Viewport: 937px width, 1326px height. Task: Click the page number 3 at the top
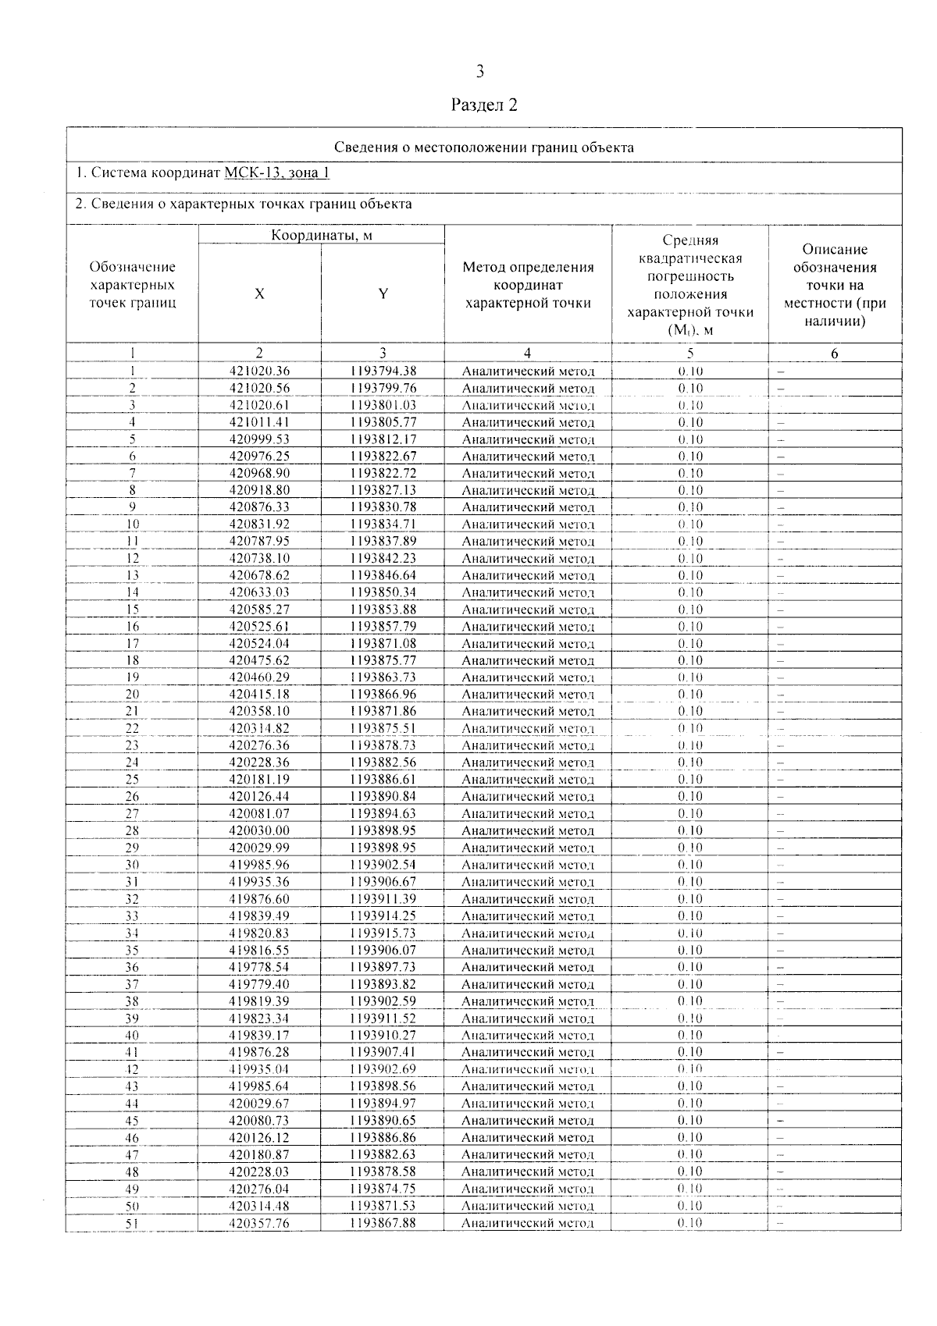coord(479,72)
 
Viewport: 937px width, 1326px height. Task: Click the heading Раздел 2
coord(484,105)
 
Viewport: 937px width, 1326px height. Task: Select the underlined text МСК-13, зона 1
coord(277,172)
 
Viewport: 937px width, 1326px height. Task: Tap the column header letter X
coord(259,294)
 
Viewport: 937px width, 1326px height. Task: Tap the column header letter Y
coord(383,294)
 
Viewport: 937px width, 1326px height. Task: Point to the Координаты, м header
coord(321,235)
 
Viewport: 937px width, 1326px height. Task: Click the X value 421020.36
coord(259,371)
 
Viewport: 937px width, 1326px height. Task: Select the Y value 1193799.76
coord(383,389)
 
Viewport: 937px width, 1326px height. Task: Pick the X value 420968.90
coord(259,474)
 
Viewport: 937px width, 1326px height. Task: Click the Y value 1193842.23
coord(383,559)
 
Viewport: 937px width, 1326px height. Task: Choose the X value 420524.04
coord(259,644)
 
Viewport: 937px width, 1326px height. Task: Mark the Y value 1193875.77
coord(383,661)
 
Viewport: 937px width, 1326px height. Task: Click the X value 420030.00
coord(259,831)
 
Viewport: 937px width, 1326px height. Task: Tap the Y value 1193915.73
coord(383,933)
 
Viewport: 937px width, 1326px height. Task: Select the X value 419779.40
coord(259,984)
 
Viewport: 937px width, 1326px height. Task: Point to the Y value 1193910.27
coord(383,1036)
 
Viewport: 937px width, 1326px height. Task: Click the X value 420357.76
coord(259,1223)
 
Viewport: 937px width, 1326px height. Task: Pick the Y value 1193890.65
coord(383,1121)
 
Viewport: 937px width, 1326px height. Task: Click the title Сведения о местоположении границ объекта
coord(484,148)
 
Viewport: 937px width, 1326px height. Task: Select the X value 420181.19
coord(259,780)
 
